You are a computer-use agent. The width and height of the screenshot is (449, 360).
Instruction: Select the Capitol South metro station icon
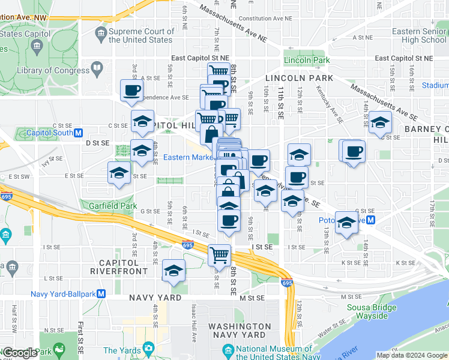(78, 133)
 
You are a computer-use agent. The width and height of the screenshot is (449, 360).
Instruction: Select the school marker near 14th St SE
(379, 123)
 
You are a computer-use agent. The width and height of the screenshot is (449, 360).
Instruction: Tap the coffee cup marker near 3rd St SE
(132, 91)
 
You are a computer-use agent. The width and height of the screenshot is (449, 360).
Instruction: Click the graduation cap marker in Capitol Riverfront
(173, 271)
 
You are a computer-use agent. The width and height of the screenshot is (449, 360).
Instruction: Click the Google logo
(20, 353)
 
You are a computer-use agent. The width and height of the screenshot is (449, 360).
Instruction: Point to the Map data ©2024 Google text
(412, 355)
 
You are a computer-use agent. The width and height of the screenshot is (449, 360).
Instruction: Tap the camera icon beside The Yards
(148, 349)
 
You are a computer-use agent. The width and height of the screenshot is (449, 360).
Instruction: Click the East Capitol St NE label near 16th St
(403, 58)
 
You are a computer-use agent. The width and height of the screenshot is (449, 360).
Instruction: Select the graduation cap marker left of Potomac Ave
(346, 223)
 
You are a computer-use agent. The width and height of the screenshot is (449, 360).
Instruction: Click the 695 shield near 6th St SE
(187, 245)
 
